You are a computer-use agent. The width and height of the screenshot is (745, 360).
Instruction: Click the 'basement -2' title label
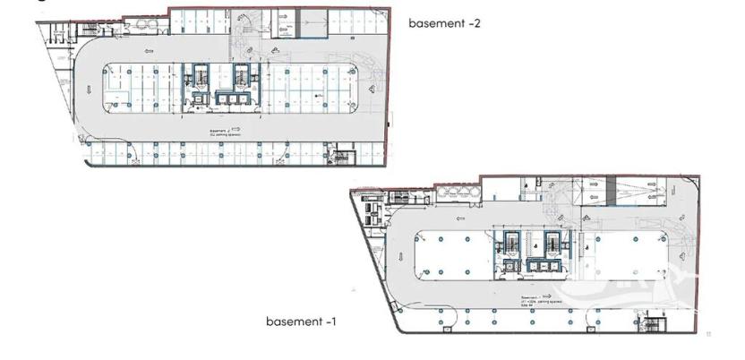click(x=445, y=23)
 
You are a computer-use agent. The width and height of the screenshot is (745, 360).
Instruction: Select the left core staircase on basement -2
click(x=200, y=73)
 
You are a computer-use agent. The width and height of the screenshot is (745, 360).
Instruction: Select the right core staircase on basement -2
click(x=242, y=73)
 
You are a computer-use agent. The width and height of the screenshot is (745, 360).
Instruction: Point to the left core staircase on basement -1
click(x=513, y=242)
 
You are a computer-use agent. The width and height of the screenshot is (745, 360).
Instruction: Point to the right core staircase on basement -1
click(x=555, y=242)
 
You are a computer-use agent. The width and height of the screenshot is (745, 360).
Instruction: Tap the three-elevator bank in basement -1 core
click(x=543, y=266)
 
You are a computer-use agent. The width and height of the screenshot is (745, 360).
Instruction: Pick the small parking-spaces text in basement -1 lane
click(x=535, y=299)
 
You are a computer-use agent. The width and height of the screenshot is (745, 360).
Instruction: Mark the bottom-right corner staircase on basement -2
click(x=339, y=159)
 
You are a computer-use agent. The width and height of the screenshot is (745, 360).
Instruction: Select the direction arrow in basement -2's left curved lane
click(x=90, y=89)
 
